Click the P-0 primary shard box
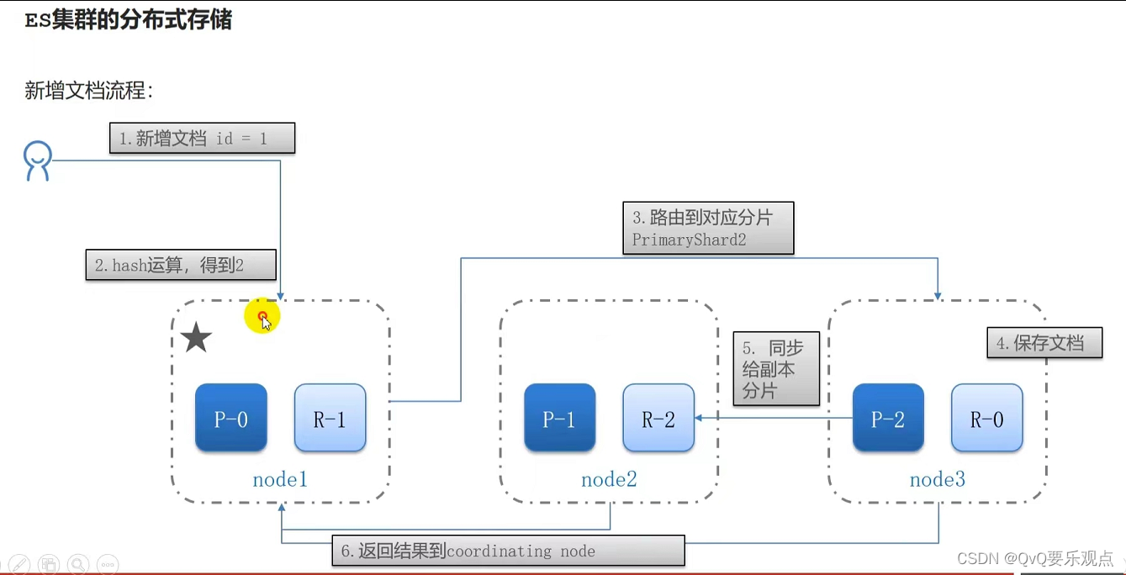[x=230, y=418]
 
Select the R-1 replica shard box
[x=330, y=418]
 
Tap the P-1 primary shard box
[x=559, y=418]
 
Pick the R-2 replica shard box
[x=658, y=418]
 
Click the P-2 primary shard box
[x=888, y=418]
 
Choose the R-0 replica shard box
[x=987, y=418]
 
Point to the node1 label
[x=280, y=480]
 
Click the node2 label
[x=609, y=480]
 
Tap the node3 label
[x=938, y=480]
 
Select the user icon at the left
[x=38, y=161]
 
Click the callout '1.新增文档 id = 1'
[x=202, y=139]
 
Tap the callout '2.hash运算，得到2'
[x=181, y=266]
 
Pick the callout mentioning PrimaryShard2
[x=708, y=228]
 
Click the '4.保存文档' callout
[x=1044, y=343]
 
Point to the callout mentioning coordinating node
[x=508, y=551]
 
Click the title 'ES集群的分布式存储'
[x=129, y=20]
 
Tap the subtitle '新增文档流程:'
[x=89, y=91]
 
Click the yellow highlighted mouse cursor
[x=262, y=318]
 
